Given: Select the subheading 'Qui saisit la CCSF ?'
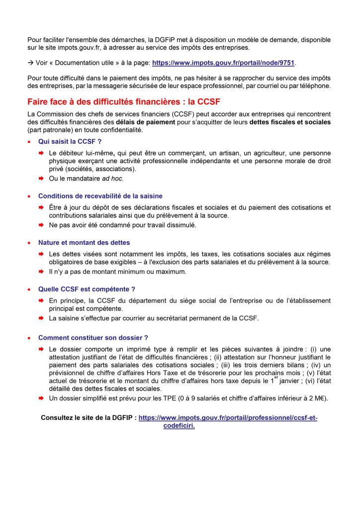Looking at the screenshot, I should point(70,141).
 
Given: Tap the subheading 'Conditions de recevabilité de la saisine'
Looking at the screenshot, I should point(100,196).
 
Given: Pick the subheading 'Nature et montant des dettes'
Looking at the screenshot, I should point(84,242).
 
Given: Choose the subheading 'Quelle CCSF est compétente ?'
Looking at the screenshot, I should point(87,289).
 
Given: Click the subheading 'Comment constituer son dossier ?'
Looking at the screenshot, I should point(93,337).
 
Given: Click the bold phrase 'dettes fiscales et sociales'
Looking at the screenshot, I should point(290,121).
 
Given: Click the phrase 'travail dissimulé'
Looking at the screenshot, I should point(169,225).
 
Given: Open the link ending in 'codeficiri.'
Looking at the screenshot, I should point(179,426).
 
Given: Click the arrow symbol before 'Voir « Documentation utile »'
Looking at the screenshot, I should point(30,63).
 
